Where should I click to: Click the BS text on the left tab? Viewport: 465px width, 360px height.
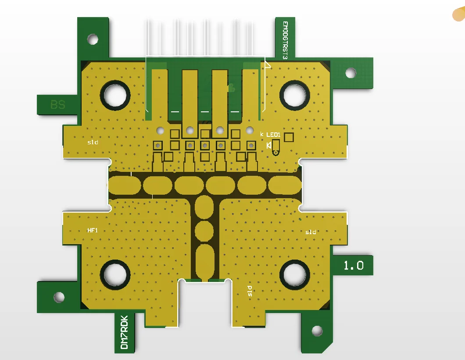pos(57,104)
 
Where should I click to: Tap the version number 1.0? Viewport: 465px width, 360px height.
pos(353,265)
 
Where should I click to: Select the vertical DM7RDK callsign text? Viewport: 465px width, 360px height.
pos(124,332)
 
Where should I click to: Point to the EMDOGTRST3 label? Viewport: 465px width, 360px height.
pos(285,40)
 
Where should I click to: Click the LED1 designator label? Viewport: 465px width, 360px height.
pos(273,135)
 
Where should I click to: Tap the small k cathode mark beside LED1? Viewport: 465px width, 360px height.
pos(262,134)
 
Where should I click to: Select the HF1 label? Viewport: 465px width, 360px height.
pos(92,230)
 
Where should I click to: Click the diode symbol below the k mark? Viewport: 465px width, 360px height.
pos(268,146)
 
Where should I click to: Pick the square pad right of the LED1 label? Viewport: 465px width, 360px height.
pos(289,137)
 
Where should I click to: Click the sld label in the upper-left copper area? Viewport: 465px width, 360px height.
pos(93,142)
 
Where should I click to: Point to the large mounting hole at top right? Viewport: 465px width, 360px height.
pos(294,95)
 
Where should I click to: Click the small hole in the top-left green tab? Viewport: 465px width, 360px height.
pos(93,39)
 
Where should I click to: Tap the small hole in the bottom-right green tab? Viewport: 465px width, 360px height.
pos(317,331)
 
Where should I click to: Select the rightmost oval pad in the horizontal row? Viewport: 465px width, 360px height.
pos(285,185)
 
